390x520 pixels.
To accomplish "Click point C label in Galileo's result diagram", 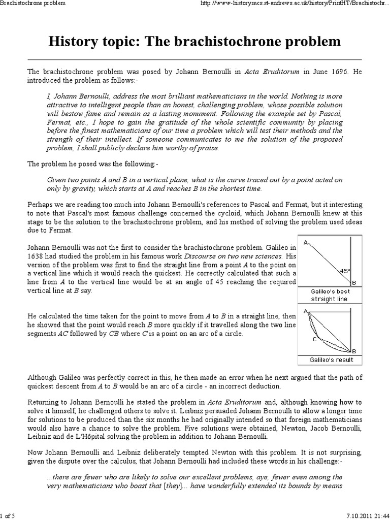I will pos(314,339).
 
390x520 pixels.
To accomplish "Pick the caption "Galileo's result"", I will pos(331,360).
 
